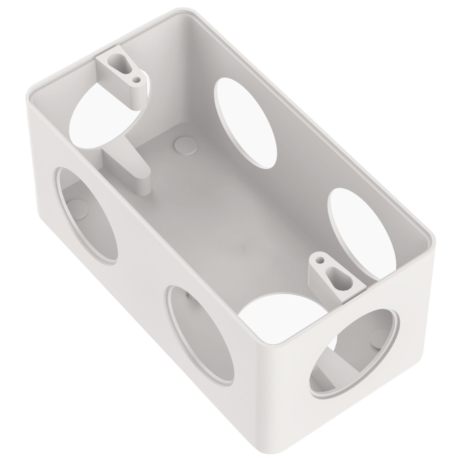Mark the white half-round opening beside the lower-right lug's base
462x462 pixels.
click(277, 312)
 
